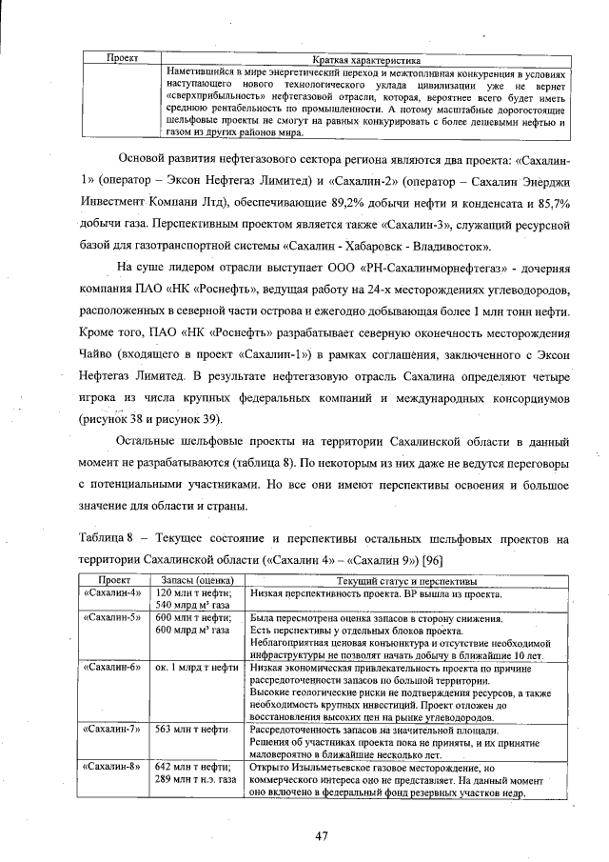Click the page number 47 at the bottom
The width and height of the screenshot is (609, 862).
(322, 835)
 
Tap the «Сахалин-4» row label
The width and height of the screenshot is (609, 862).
(112, 593)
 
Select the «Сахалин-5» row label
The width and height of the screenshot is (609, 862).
(112, 618)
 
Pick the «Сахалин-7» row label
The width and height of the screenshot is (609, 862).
(112, 729)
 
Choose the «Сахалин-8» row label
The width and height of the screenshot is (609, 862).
(112, 766)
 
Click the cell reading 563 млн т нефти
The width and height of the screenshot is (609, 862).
(189, 729)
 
